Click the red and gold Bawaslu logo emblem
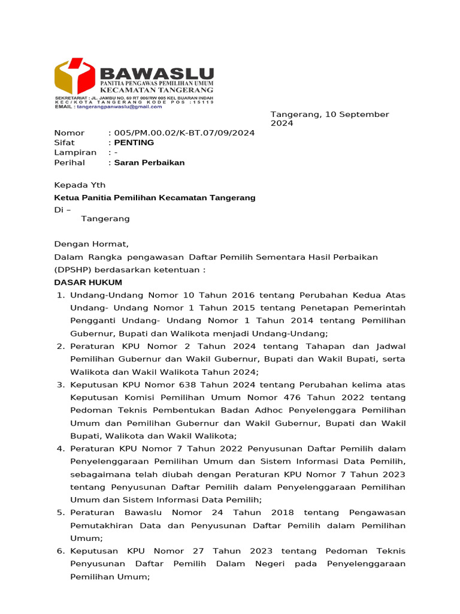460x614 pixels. click(x=74, y=76)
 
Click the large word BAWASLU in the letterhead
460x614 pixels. click(x=157, y=74)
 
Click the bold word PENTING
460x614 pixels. click(x=134, y=143)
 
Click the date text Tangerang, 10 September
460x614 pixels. click(x=329, y=114)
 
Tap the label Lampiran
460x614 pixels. click(x=75, y=152)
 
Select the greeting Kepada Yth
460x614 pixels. click(x=80, y=185)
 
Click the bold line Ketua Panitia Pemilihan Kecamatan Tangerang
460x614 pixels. click(x=155, y=197)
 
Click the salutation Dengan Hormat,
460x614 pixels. click(x=91, y=244)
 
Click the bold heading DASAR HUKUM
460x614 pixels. click(x=88, y=282)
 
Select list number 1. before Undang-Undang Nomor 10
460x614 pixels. click(x=60, y=295)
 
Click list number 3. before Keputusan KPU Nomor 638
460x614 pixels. click(x=60, y=385)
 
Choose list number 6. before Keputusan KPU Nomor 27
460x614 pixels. click(x=60, y=551)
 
